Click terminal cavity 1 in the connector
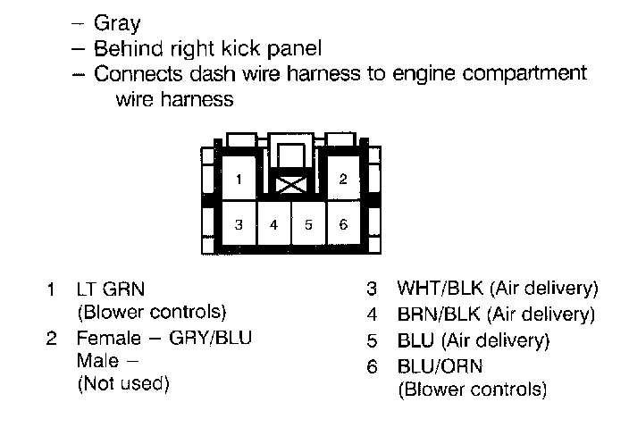(x=239, y=179)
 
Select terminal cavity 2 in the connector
(x=343, y=179)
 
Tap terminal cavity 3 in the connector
(x=239, y=223)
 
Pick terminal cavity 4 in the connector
(x=274, y=223)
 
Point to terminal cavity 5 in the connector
(x=308, y=223)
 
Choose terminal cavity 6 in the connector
(x=343, y=223)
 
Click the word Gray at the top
(x=117, y=24)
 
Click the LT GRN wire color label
(x=111, y=289)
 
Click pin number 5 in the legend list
(x=373, y=340)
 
